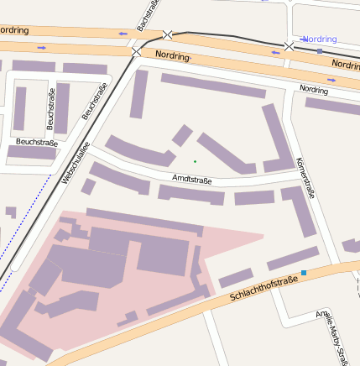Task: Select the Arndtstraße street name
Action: coord(191,179)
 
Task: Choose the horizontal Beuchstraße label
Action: coord(36,143)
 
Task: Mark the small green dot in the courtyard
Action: coord(195,160)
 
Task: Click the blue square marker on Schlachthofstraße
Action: coord(304,273)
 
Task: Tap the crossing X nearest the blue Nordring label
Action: coord(290,45)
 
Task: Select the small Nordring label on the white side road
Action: coord(314,89)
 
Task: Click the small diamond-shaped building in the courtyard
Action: coord(182,135)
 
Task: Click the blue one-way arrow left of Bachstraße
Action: coord(124,34)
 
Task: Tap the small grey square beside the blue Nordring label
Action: coord(320,51)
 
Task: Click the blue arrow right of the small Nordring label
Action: coord(331,80)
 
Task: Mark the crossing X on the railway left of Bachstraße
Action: coord(136,52)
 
